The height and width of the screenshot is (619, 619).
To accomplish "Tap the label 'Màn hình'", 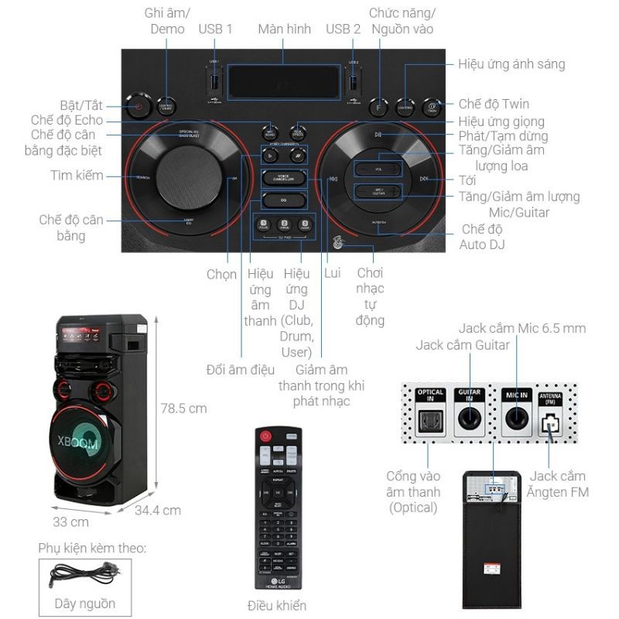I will (284, 29).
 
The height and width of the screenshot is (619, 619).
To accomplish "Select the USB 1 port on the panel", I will (215, 80).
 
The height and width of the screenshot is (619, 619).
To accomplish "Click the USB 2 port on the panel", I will (354, 80).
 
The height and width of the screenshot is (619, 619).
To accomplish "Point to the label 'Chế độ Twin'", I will (494, 104).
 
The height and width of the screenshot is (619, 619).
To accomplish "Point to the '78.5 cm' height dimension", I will (183, 408).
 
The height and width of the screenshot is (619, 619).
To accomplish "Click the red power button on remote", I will (265, 436).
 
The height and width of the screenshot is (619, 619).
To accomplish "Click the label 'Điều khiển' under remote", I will (276, 605).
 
